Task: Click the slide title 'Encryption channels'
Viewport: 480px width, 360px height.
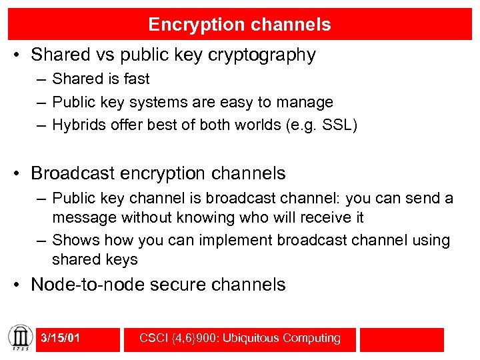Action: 239,25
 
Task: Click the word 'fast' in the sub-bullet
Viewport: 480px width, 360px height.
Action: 136,79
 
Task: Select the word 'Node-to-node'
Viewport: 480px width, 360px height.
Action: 89,285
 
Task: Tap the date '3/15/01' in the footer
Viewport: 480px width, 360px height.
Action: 61,339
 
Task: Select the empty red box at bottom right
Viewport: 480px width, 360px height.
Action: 401,339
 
